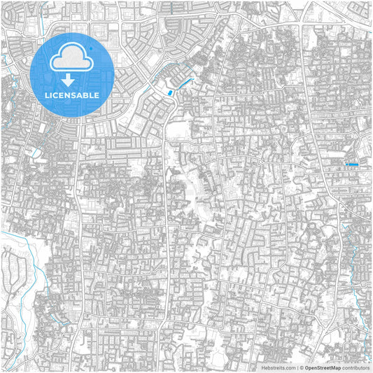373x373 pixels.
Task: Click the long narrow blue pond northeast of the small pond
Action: (185, 85)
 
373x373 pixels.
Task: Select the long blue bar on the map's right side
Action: (353, 164)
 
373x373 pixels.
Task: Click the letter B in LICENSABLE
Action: (88, 94)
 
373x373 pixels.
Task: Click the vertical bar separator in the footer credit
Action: (296, 367)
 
